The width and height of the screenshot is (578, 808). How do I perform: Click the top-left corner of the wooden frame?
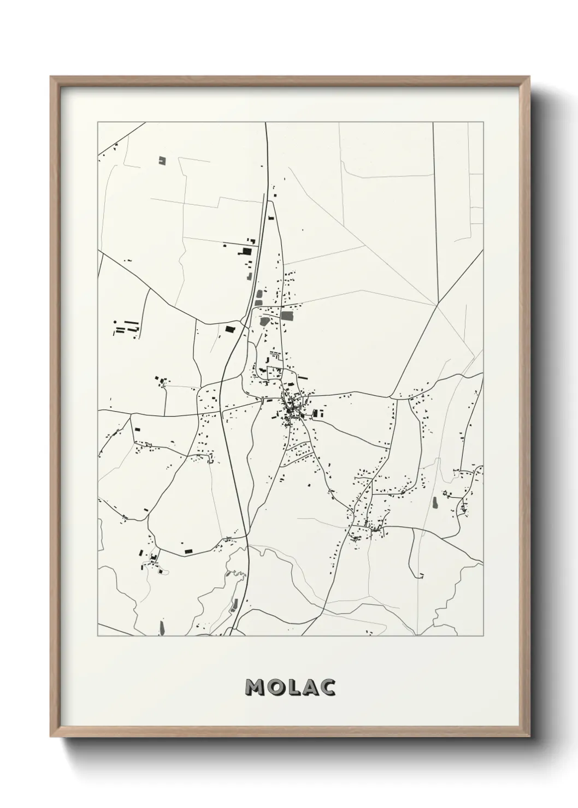(51, 77)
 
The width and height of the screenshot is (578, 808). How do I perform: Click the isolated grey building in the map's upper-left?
(161, 160)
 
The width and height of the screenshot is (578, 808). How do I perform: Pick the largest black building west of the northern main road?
(246, 251)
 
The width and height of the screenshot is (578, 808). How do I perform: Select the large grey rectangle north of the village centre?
(287, 316)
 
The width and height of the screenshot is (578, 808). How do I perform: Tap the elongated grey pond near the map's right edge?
(435, 502)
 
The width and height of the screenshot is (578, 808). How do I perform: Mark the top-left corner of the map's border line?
(98, 122)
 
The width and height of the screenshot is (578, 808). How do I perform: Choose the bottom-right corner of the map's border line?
(483, 636)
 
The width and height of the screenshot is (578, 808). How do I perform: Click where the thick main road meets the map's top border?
(266, 123)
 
